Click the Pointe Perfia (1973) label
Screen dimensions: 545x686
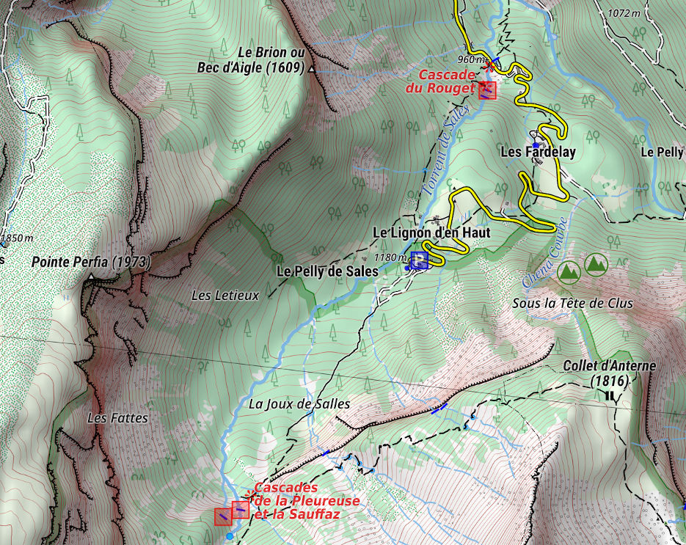[90, 262]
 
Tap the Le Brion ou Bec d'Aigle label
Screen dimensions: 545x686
[249, 60]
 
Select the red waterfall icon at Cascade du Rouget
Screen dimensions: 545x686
[486, 90]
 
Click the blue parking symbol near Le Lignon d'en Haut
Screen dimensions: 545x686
[420, 260]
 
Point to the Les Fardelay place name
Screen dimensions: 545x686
[538, 153]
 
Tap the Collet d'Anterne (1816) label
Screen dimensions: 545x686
[610, 373]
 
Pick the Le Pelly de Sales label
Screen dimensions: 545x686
[327, 271]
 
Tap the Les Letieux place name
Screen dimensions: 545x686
[225, 296]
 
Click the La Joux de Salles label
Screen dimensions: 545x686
[299, 403]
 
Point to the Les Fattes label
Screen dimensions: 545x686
[117, 418]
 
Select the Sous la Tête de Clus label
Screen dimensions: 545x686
[572, 303]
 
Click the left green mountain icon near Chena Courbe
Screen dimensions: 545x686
[568, 271]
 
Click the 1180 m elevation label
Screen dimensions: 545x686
[390, 257]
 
